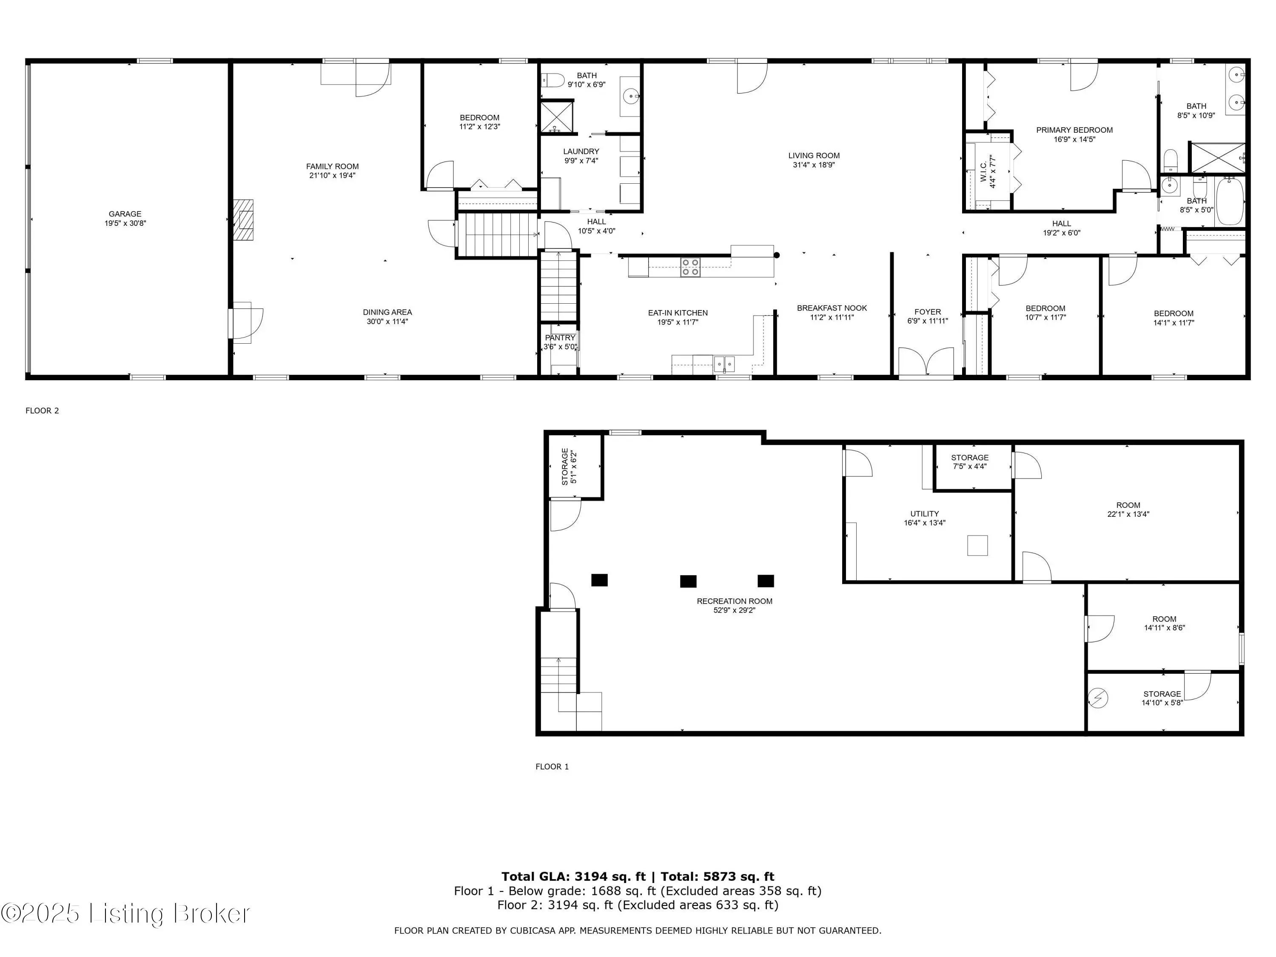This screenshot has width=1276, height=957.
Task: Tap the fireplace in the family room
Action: click(x=243, y=220)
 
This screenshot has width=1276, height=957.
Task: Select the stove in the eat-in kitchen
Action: click(x=690, y=268)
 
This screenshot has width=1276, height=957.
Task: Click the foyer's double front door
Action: click(x=926, y=363)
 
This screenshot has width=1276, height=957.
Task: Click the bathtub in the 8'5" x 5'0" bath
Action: click(x=1229, y=202)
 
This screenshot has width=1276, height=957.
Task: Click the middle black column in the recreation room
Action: click(x=688, y=581)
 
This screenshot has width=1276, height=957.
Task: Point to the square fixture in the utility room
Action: click(x=977, y=545)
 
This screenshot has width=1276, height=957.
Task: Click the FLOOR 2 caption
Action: click(x=42, y=411)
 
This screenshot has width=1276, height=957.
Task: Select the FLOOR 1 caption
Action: click(x=552, y=766)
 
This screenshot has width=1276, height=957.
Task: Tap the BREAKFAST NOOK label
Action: click(x=832, y=308)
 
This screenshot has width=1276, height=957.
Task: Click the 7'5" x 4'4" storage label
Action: click(x=970, y=462)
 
